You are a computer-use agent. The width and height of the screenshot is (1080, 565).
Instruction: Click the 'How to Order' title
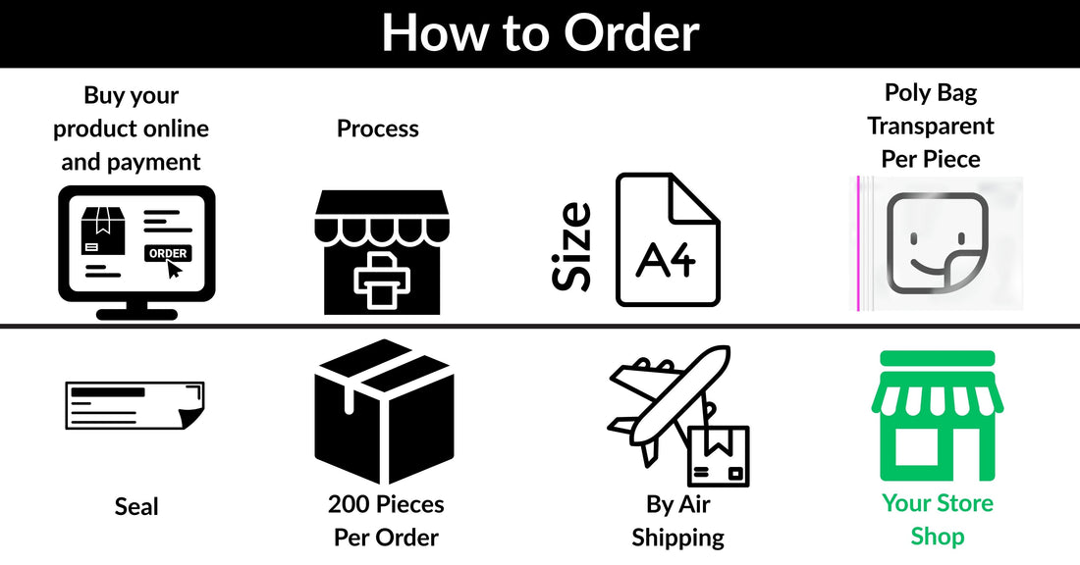[x=541, y=32]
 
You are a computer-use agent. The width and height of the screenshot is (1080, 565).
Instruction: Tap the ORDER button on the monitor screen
[x=168, y=253]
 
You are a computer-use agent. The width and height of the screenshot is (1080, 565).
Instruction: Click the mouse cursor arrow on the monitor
[x=174, y=269]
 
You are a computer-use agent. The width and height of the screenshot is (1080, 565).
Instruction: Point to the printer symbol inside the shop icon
[x=382, y=281]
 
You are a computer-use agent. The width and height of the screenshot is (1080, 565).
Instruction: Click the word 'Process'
[x=377, y=128]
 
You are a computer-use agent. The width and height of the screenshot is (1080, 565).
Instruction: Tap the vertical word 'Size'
[x=572, y=245]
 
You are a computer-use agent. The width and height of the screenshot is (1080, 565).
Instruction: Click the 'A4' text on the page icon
[x=666, y=259]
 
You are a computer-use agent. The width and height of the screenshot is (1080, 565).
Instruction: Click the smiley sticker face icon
[x=937, y=242]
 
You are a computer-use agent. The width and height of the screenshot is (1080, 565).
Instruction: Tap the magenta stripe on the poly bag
[x=858, y=243]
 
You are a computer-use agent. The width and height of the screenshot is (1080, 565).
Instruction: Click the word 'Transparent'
[x=931, y=126]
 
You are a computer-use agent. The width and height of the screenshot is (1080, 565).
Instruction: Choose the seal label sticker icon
[x=135, y=406]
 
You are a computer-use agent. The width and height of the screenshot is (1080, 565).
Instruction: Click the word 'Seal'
[x=136, y=507]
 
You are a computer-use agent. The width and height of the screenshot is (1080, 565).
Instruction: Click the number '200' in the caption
[x=350, y=504]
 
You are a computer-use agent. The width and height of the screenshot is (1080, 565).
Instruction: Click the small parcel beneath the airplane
[x=719, y=456]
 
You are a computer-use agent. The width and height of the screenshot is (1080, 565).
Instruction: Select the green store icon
[x=938, y=416]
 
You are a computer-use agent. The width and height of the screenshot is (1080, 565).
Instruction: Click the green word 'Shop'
[x=938, y=537]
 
